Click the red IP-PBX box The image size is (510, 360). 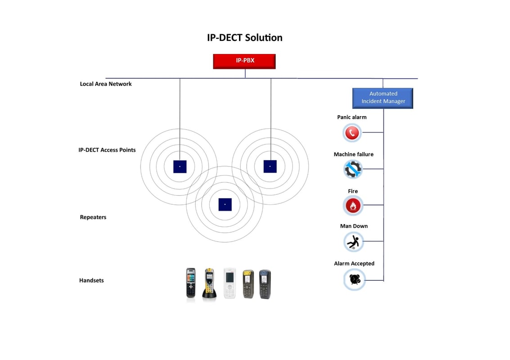pyautogui.click(x=244, y=61)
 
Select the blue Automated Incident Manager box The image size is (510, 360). pyautogui.click(x=383, y=98)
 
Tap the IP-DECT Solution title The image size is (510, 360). pyautogui.click(x=244, y=38)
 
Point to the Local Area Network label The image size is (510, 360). pyautogui.click(x=106, y=84)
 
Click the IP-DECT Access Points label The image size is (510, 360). pyautogui.click(x=107, y=150)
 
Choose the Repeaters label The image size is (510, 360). pyautogui.click(x=93, y=217)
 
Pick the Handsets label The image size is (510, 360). pyautogui.click(x=91, y=280)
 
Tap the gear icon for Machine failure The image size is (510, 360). pyautogui.click(x=352, y=170)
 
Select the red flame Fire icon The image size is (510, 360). pyautogui.click(x=352, y=206)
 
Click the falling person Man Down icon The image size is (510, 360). pyautogui.click(x=353, y=242)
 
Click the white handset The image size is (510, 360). pyautogui.click(x=230, y=283)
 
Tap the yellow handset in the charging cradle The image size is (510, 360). pyautogui.click(x=209, y=283)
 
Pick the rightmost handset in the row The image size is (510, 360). pyautogui.click(x=265, y=284)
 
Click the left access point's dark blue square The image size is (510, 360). pyautogui.click(x=180, y=166)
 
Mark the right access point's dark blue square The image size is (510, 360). pyautogui.click(x=270, y=166)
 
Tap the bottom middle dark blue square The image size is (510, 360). pyautogui.click(x=225, y=204)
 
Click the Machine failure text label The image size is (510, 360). pyautogui.click(x=353, y=154)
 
